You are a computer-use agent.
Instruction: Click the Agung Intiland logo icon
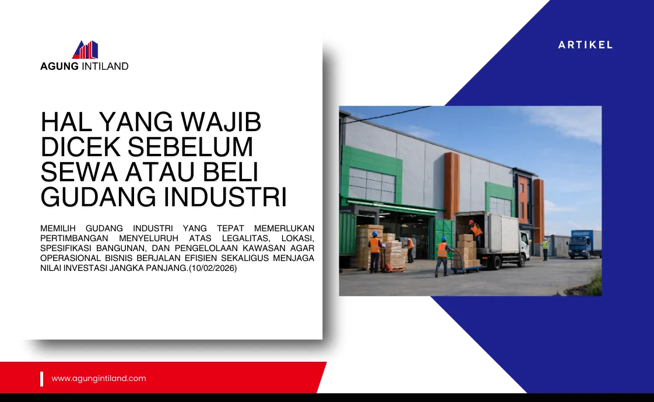tap(85, 50)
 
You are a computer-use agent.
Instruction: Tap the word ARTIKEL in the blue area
tap(585, 45)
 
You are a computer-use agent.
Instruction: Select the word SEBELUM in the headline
tap(190, 147)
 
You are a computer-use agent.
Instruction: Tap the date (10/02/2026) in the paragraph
tap(213, 268)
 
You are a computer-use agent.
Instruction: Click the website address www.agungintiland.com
tap(99, 378)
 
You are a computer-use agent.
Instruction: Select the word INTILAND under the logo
tap(105, 66)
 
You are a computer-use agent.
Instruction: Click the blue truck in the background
tap(584, 244)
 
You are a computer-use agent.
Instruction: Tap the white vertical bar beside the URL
tap(42, 379)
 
